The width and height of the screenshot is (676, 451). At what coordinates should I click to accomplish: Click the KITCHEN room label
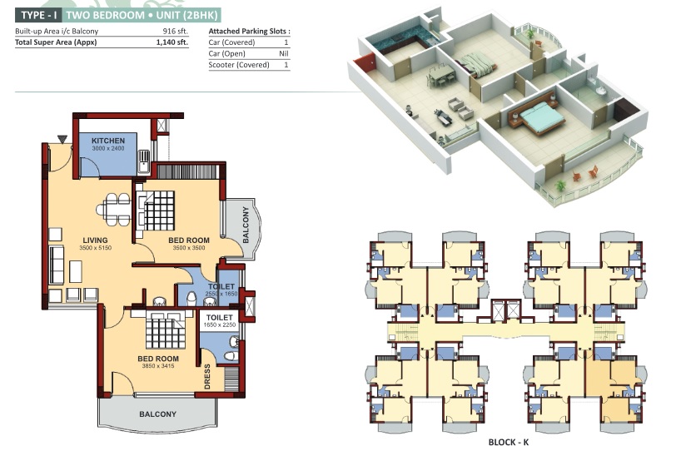click(x=107, y=141)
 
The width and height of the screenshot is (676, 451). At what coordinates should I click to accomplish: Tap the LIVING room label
click(x=95, y=240)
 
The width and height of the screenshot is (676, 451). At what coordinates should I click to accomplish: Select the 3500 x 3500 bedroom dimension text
click(x=189, y=248)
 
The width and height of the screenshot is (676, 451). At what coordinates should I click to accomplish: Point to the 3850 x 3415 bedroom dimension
click(x=158, y=366)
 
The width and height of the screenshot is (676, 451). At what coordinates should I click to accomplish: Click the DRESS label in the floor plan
click(x=207, y=376)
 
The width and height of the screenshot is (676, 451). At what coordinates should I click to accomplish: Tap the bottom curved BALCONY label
click(x=158, y=414)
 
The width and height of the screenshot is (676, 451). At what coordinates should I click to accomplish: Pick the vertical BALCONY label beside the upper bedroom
click(x=246, y=225)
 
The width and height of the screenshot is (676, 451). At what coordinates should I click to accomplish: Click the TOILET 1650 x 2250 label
click(x=220, y=321)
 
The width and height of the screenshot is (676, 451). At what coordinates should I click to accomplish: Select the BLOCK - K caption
click(x=509, y=442)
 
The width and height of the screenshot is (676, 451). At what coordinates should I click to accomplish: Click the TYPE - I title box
click(x=39, y=16)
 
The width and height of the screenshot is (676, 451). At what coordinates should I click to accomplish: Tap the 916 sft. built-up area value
click(x=176, y=31)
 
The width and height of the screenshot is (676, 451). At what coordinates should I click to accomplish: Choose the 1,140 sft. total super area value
click(x=172, y=42)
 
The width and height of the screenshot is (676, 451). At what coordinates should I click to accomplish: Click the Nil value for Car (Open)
click(x=284, y=53)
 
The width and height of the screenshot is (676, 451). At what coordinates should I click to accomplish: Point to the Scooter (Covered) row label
click(x=239, y=65)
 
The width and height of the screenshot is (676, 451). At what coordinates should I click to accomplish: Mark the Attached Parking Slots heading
click(x=249, y=31)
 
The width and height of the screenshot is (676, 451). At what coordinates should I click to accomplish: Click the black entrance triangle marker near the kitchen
click(x=62, y=139)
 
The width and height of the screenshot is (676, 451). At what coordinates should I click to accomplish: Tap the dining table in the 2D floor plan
click(x=114, y=210)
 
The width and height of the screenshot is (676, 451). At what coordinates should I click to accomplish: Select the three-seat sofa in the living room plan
click(x=57, y=265)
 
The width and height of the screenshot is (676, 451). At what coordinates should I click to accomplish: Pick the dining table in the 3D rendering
click(x=440, y=75)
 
